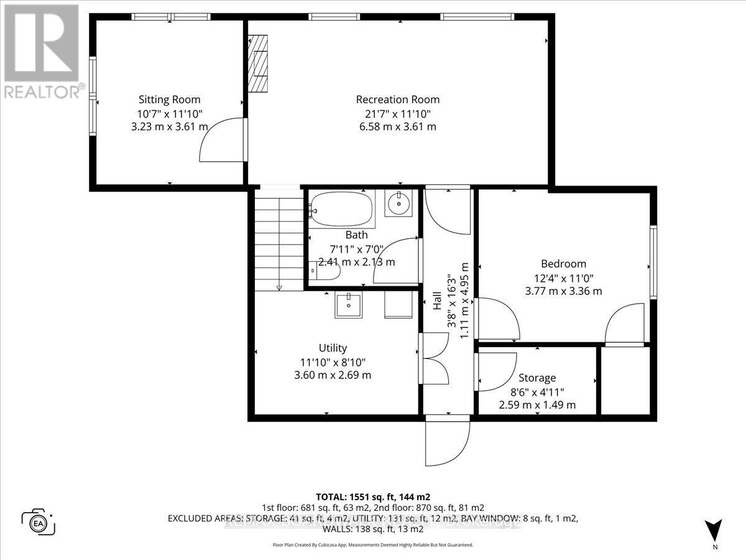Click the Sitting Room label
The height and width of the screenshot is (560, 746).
pos(169,100)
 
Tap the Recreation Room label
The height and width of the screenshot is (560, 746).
pos(397,100)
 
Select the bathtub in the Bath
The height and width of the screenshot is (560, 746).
pos(342,209)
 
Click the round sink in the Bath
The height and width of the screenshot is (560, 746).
pos(397,203)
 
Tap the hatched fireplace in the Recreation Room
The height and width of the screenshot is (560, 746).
pos(259,63)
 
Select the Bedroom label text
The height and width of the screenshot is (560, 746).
pos(563,264)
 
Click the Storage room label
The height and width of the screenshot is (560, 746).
pos(537,378)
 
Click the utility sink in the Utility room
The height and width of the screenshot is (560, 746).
pos(349,306)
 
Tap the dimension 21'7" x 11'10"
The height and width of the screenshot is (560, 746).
pos(397,113)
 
